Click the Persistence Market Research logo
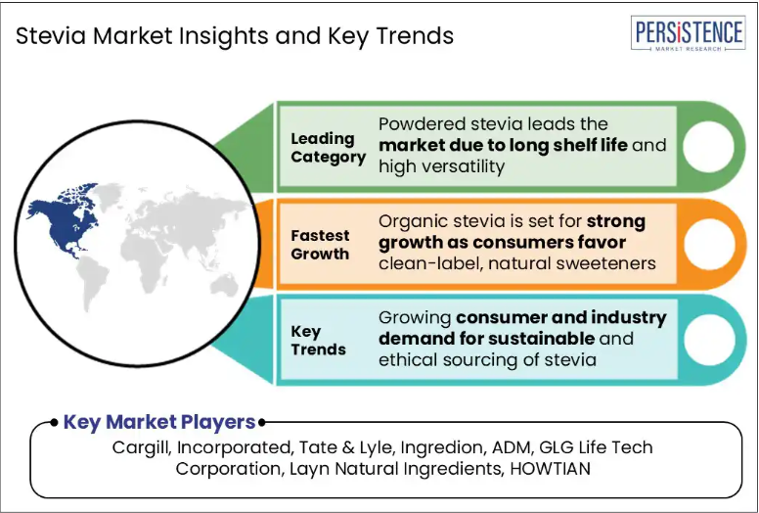688,33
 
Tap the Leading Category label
329,148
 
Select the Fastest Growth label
320,244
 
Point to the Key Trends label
318,340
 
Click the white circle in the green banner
708,146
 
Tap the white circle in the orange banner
709,244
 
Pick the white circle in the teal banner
709,340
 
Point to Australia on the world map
225,285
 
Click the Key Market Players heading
159,422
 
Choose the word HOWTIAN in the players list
551,468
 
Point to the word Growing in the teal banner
415,318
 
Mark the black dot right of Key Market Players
262,423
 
